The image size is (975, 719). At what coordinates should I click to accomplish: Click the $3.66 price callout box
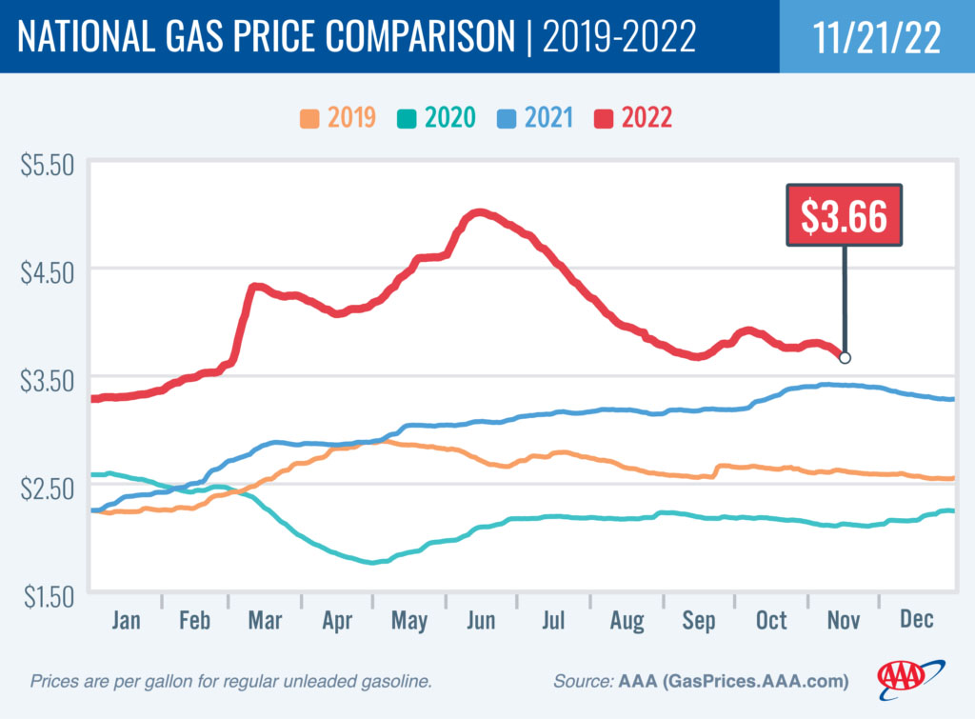845,216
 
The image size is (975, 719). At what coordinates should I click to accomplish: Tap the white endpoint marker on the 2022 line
845,358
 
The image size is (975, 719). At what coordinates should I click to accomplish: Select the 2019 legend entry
338,118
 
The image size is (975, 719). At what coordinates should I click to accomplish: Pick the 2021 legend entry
534,118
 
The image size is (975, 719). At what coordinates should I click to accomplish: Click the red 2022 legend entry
634,118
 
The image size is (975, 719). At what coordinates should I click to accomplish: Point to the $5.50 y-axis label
47,165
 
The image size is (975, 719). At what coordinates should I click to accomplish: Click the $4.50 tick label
47,272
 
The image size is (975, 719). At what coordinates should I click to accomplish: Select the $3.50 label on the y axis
47,380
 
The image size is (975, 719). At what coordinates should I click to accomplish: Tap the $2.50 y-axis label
47,488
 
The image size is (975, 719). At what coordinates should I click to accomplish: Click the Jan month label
126,620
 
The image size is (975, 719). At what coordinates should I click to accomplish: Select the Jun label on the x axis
481,620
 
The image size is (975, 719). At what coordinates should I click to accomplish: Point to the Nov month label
844,620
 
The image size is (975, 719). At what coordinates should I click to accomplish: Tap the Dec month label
917,620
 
